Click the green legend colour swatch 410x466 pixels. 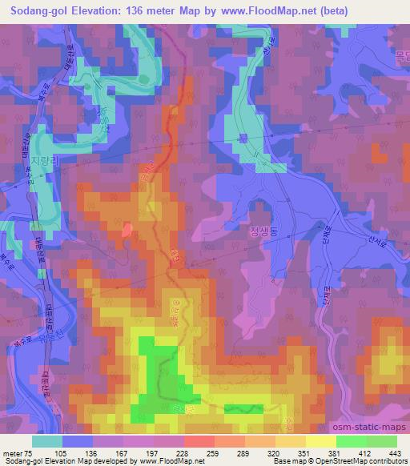(350, 441)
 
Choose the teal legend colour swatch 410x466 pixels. (47, 441)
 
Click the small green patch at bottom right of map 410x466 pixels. (243, 408)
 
